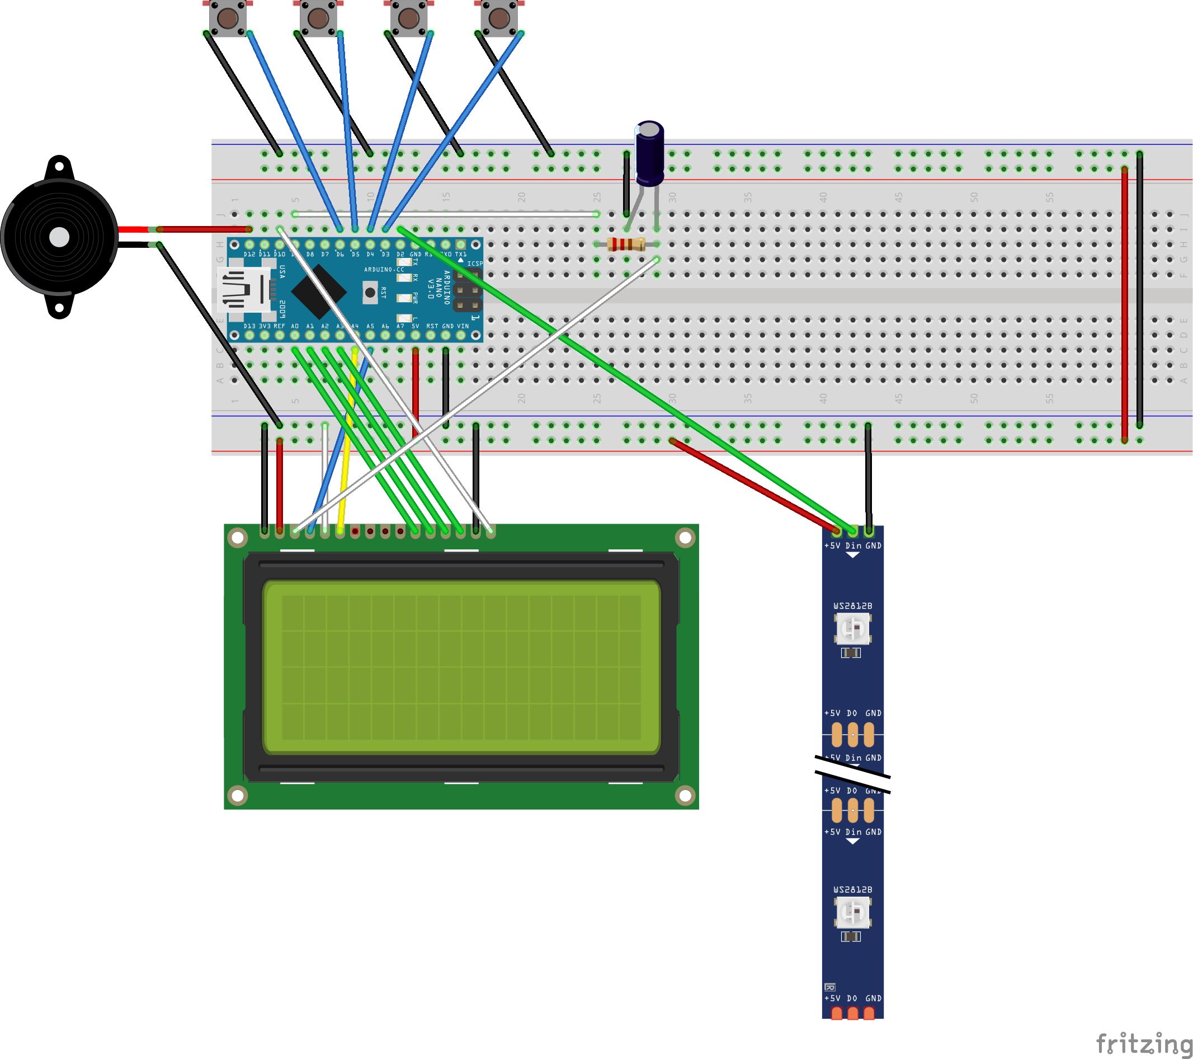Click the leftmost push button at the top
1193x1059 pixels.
tap(228, 18)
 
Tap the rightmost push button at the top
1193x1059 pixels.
tap(499, 18)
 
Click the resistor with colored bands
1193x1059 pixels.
tap(626, 244)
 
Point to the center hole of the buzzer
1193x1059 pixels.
tap(59, 237)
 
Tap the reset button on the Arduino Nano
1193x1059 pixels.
tap(370, 293)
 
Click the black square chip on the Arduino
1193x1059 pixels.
tap(319, 291)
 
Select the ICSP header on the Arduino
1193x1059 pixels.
tap(468, 290)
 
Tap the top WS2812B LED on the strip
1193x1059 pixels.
tap(853, 629)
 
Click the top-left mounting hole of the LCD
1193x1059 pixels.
tap(238, 538)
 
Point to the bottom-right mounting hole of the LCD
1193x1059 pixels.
tap(685, 795)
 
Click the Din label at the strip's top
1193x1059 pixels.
tap(854, 546)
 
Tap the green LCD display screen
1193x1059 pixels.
tap(461, 667)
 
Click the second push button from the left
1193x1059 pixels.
tap(318, 18)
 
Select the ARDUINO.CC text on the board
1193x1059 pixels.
tap(384, 270)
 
